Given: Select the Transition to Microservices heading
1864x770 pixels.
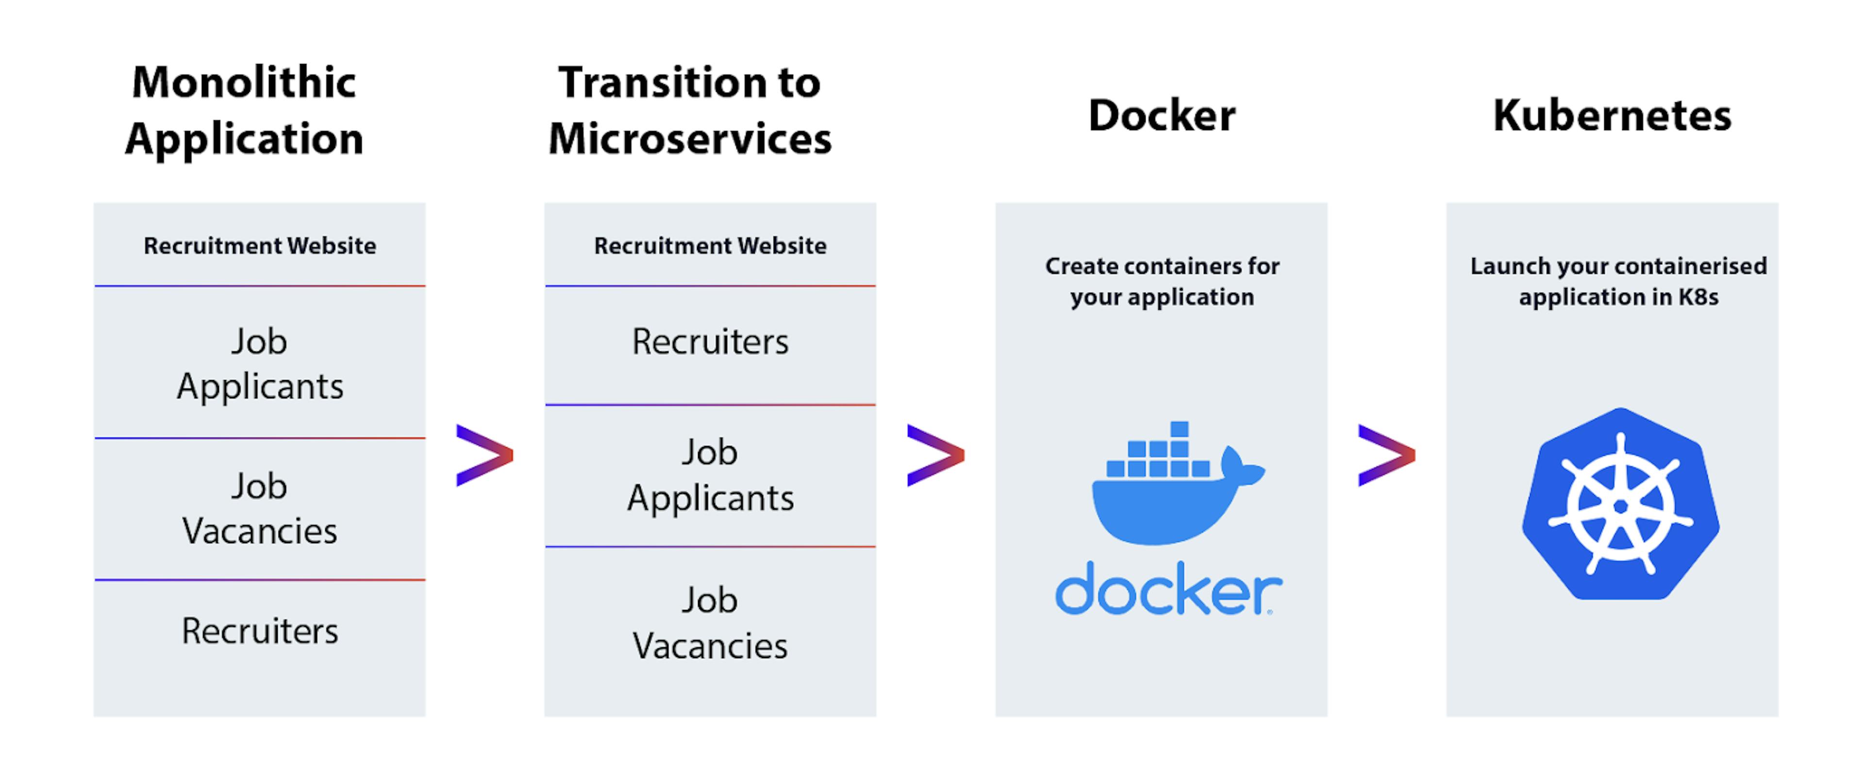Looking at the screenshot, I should (690, 110).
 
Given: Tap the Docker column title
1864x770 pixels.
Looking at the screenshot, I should (1162, 116).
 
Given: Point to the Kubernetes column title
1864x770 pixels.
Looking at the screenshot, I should (1612, 116).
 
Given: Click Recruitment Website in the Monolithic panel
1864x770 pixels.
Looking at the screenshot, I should (260, 246).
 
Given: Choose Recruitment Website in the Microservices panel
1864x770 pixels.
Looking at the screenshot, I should (710, 246).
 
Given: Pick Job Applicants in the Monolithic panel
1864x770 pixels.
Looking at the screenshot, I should (260, 364).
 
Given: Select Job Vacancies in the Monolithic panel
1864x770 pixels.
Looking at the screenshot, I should (260, 508).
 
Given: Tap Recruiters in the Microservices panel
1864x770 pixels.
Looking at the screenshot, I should (710, 341).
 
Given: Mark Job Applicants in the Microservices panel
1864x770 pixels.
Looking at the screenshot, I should (710, 475).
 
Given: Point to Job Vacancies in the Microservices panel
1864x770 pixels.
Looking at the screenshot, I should (710, 623).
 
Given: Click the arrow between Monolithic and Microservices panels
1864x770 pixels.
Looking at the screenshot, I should (484, 455).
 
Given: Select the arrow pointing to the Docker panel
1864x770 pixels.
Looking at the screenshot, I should (935, 455).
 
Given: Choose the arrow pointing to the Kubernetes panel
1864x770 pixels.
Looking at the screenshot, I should (1386, 455).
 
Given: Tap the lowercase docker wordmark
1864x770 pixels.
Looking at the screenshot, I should (1167, 589).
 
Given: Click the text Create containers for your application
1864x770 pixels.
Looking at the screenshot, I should (1162, 281).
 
